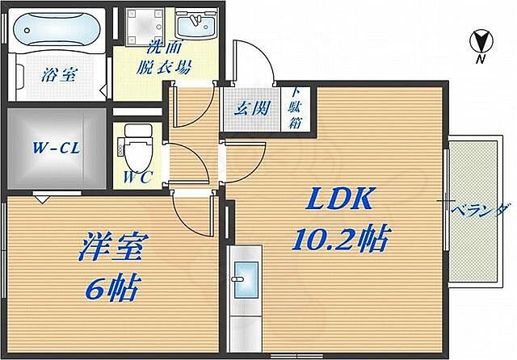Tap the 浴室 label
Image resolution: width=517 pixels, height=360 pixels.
(x=57, y=76)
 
